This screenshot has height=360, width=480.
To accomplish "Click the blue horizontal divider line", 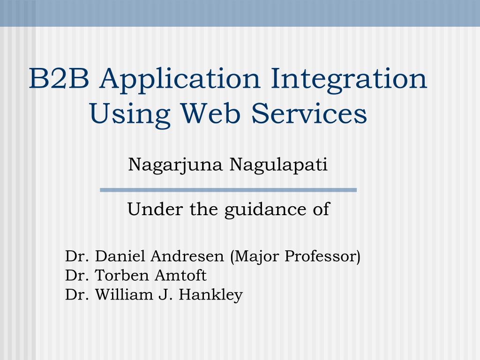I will coord(228,190).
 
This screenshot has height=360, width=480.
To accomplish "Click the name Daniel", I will coord(120,256).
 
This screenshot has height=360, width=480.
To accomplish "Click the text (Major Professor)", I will coord(295,257).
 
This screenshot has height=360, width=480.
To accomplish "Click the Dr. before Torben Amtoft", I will coord(77,275).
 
